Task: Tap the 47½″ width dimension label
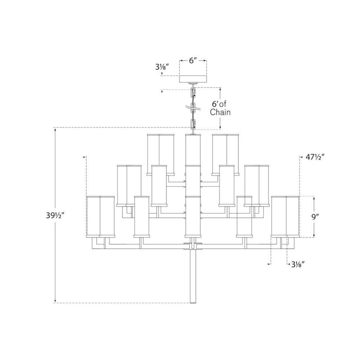click(315, 157)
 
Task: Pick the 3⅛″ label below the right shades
click(298, 264)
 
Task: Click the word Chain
click(220, 112)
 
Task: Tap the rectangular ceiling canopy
click(193, 79)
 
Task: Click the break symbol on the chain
click(193, 107)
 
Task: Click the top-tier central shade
click(193, 149)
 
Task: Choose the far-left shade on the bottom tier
click(93, 217)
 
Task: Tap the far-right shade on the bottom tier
click(293, 217)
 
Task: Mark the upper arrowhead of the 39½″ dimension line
click(55, 130)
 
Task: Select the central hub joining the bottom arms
click(193, 246)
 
